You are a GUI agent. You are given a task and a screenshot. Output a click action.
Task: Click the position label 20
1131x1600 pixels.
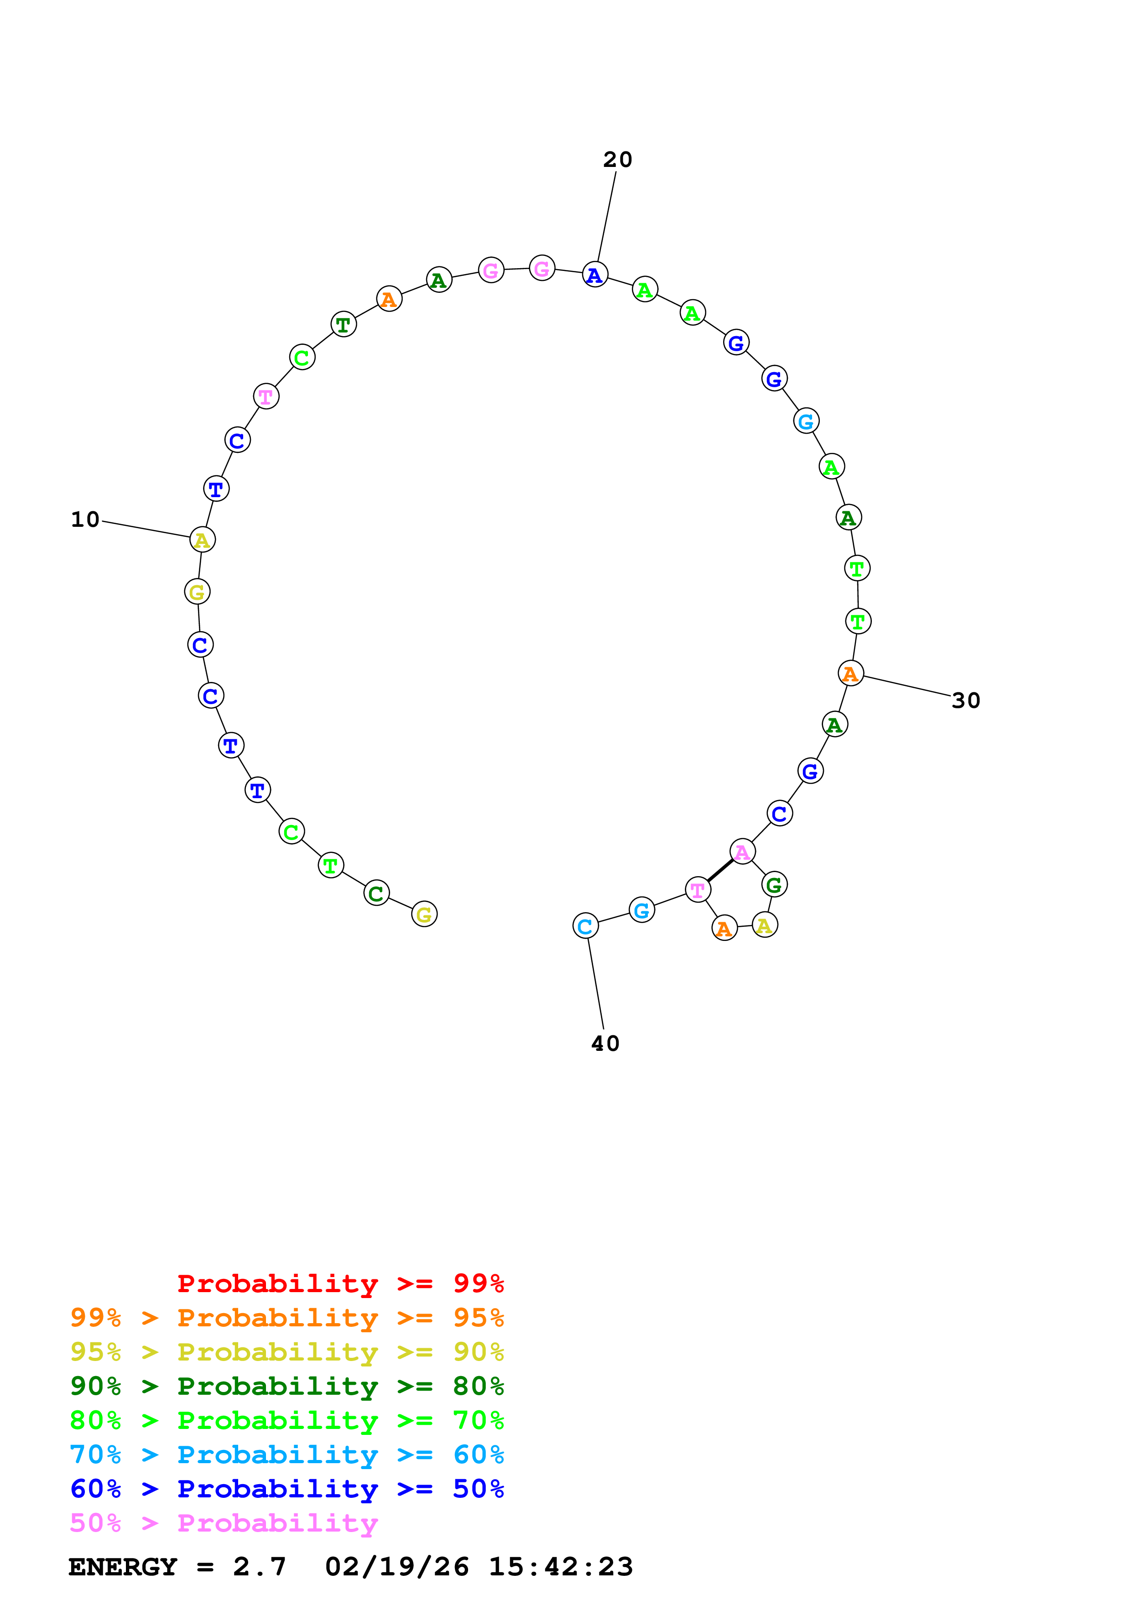(617, 160)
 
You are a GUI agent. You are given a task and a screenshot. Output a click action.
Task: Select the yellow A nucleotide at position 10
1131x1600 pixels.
(202, 540)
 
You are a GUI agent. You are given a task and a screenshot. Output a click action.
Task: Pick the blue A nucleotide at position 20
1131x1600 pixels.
(594, 275)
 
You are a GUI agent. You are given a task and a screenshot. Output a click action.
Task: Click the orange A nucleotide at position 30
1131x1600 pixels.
(850, 673)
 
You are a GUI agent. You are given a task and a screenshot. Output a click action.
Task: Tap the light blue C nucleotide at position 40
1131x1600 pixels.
(585, 926)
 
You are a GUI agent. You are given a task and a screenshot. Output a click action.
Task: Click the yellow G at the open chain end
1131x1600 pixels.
(424, 914)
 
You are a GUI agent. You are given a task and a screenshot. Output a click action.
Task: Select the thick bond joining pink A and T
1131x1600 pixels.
(720, 870)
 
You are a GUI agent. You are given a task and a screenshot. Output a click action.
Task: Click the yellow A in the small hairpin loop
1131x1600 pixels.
(765, 925)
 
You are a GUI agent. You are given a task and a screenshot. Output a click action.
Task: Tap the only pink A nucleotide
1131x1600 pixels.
(742, 852)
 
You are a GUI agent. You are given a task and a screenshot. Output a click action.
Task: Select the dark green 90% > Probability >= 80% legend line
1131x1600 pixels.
(287, 1386)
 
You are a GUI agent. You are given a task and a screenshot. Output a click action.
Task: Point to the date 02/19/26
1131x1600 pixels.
(396, 1567)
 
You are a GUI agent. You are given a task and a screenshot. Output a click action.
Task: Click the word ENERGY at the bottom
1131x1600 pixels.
(123, 1567)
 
